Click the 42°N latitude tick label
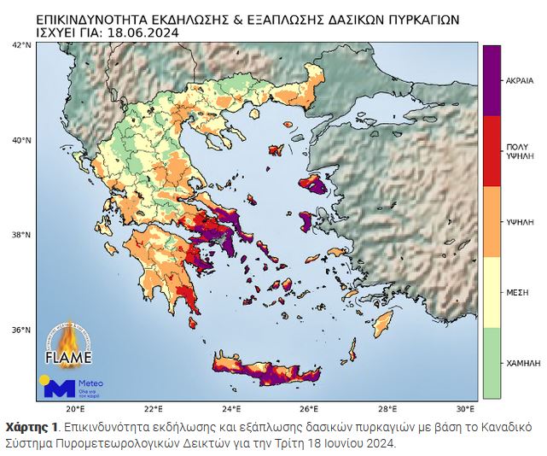(21, 44)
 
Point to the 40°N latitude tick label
(21, 139)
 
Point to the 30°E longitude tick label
(465, 409)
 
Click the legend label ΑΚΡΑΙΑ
(520, 79)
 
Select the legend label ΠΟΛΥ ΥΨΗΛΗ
(519, 151)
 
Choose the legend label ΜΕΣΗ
(518, 292)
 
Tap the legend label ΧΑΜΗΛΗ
(522, 363)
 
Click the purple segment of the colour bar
(492, 79)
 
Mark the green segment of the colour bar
(492, 363)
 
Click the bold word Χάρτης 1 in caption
(32, 426)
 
